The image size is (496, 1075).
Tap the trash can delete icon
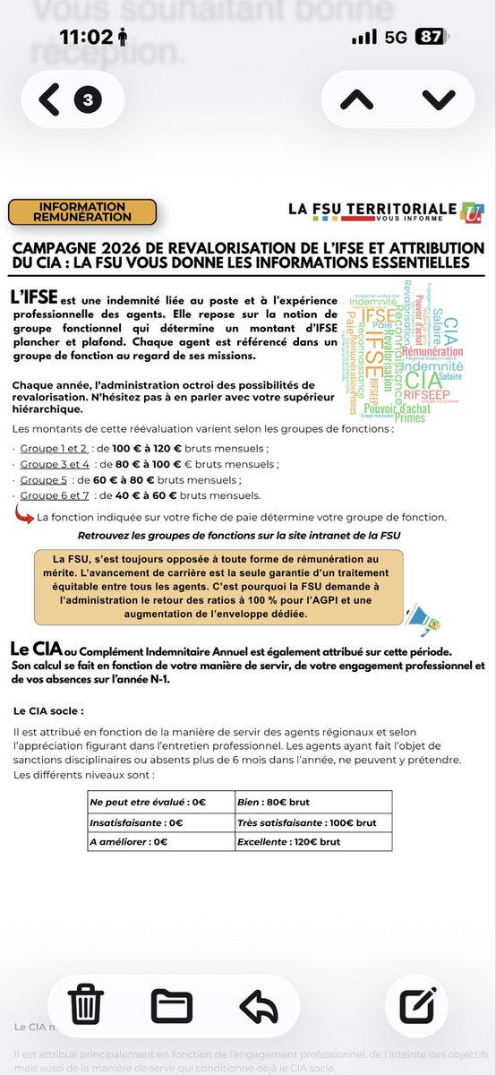[x=87, y=1004]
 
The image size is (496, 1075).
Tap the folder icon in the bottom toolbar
[x=172, y=1004]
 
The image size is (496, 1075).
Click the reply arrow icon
[x=260, y=1004]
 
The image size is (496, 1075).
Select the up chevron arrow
[x=355, y=99]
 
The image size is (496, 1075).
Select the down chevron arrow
[x=438, y=99]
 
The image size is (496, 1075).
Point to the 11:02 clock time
[x=88, y=38]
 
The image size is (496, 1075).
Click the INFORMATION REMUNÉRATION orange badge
[x=81, y=211]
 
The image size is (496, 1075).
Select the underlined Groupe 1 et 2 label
[x=54, y=448]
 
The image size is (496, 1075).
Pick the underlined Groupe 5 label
[x=44, y=479]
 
